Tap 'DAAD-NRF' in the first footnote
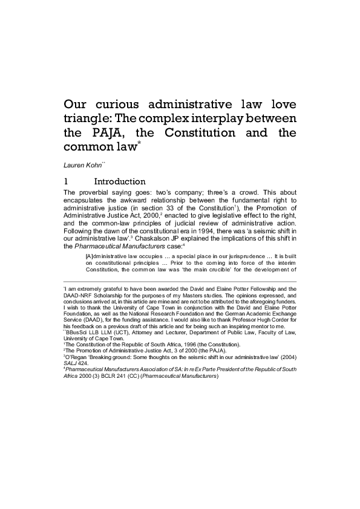click(x=77, y=294)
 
